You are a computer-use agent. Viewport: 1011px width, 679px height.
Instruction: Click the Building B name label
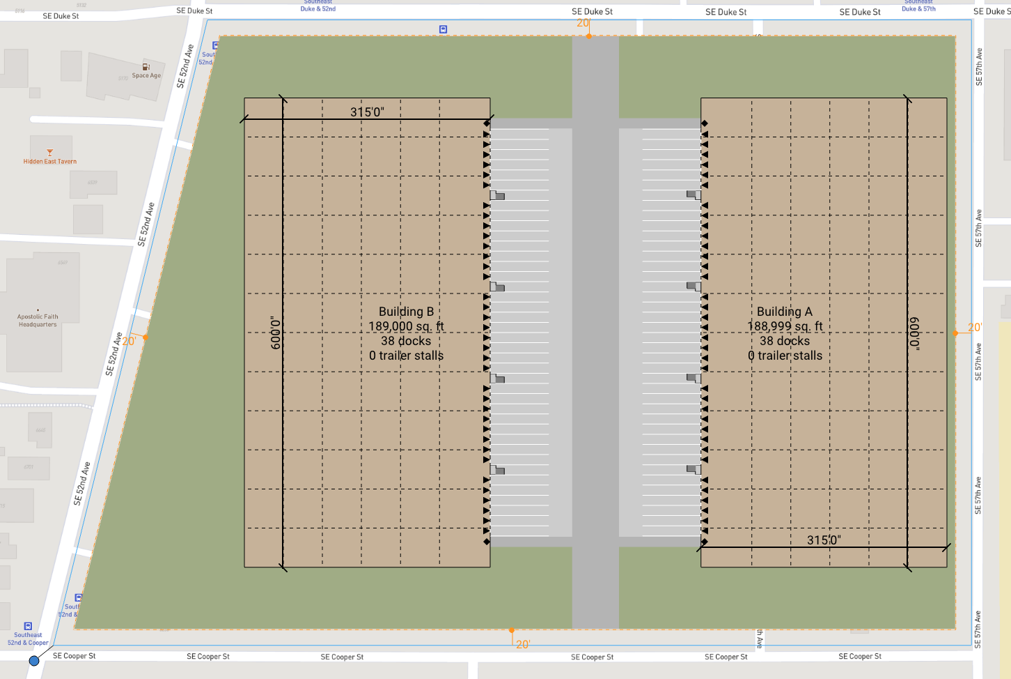tap(406, 312)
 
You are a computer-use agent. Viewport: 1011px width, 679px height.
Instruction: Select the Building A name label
tap(785, 312)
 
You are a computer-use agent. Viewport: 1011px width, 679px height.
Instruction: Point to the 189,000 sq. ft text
tap(406, 326)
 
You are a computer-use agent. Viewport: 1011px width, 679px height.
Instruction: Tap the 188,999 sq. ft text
tap(785, 326)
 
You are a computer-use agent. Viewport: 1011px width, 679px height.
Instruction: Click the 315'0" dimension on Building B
tap(367, 112)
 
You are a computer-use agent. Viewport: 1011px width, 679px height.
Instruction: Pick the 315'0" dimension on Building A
tap(824, 540)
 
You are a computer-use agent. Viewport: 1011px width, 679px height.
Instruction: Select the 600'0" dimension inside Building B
tap(276, 333)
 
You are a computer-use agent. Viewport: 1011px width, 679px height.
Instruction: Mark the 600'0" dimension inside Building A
tap(914, 333)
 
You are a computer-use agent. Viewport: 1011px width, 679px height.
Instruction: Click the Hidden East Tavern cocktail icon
tap(49, 153)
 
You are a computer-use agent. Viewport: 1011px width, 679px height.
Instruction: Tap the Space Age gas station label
tap(146, 75)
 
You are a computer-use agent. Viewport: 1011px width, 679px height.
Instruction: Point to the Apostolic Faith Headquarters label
tap(38, 321)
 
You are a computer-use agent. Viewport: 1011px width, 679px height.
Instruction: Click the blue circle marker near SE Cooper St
tap(34, 660)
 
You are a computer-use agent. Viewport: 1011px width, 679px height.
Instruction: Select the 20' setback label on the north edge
tap(583, 23)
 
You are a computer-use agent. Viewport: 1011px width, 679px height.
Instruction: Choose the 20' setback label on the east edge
tap(974, 328)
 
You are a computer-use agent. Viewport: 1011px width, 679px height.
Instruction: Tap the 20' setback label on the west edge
tap(129, 342)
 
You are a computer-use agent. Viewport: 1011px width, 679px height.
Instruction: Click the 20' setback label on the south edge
tap(523, 644)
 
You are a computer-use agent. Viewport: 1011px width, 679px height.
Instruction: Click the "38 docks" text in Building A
tap(785, 341)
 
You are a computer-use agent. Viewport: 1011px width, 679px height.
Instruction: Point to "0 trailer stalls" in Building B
tap(406, 356)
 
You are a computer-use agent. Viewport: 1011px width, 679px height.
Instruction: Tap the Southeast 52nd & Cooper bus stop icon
tap(28, 626)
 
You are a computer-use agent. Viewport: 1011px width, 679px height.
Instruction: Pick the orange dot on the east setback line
tap(955, 333)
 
